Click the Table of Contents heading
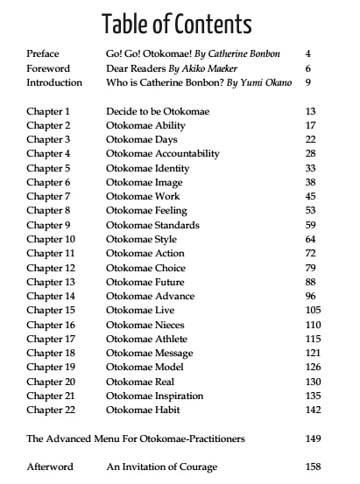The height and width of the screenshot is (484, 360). [x=176, y=23]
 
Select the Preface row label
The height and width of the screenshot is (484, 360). [x=44, y=53]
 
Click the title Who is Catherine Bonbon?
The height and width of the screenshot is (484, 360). [x=160, y=83]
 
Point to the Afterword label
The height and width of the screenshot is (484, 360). [x=50, y=466]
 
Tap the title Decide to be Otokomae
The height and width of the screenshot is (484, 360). [x=158, y=111]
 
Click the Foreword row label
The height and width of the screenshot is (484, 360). [x=47, y=68]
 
